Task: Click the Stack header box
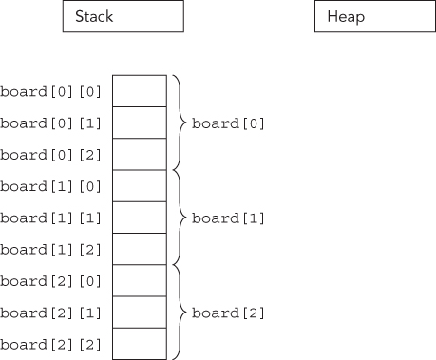click(x=123, y=17)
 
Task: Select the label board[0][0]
click(x=51, y=91)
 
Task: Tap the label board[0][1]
click(x=51, y=123)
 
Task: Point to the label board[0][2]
click(x=51, y=154)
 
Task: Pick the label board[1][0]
click(x=51, y=186)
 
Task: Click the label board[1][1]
click(x=51, y=218)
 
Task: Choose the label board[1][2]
click(x=51, y=249)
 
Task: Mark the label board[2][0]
click(x=51, y=281)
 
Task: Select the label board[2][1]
click(x=51, y=313)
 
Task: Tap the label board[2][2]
click(x=51, y=344)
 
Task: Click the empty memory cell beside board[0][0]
click(x=140, y=91)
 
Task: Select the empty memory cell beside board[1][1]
click(x=140, y=218)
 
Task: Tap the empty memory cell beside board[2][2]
click(x=140, y=344)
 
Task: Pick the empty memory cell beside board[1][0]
click(x=140, y=186)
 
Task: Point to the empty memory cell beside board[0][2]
click(x=140, y=154)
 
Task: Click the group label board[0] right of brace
click(x=229, y=123)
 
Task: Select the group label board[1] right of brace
click(x=229, y=218)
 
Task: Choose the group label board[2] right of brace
click(x=229, y=313)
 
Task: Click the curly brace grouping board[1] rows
click(x=178, y=218)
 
